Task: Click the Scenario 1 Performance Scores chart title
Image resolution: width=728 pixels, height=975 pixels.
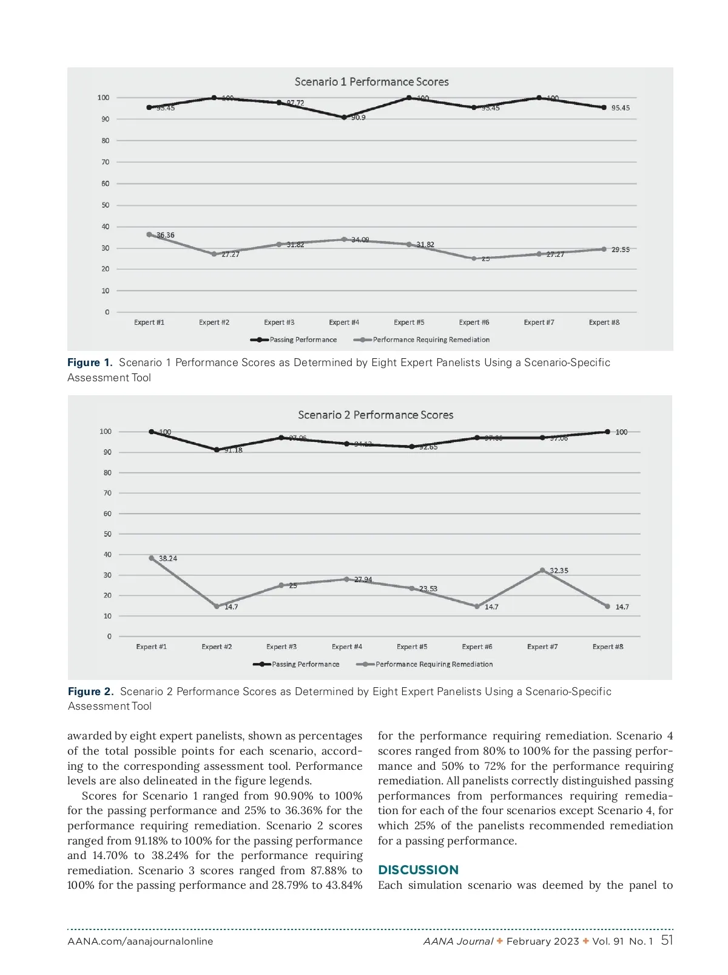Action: (x=371, y=82)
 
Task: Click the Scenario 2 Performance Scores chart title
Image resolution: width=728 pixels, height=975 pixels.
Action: (x=376, y=415)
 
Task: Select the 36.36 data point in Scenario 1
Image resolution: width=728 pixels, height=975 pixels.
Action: (x=149, y=234)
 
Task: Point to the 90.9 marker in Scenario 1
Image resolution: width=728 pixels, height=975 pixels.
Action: (x=344, y=117)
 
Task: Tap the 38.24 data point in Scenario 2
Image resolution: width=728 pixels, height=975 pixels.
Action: (x=152, y=558)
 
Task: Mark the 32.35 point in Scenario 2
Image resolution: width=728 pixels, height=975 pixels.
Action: (x=542, y=570)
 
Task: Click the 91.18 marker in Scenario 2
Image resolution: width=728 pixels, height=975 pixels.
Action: (x=217, y=450)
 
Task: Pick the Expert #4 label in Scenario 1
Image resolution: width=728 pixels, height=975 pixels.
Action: (x=344, y=322)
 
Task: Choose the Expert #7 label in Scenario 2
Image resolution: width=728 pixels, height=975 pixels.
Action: (x=542, y=647)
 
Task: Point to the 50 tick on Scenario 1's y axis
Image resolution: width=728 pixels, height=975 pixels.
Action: (x=106, y=205)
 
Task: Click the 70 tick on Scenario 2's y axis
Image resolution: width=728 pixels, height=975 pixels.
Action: (x=107, y=493)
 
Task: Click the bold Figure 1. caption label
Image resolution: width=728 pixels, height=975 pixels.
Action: (x=90, y=362)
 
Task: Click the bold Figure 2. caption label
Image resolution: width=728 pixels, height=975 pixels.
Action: (x=90, y=691)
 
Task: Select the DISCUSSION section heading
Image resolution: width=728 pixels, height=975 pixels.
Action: (x=418, y=869)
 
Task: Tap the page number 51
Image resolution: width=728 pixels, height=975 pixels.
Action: (x=667, y=940)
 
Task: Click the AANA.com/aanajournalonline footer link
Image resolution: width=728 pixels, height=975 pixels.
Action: (x=140, y=942)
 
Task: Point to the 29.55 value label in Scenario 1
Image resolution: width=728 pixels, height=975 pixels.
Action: (x=620, y=250)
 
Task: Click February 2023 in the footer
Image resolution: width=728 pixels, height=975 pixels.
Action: (x=542, y=942)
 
